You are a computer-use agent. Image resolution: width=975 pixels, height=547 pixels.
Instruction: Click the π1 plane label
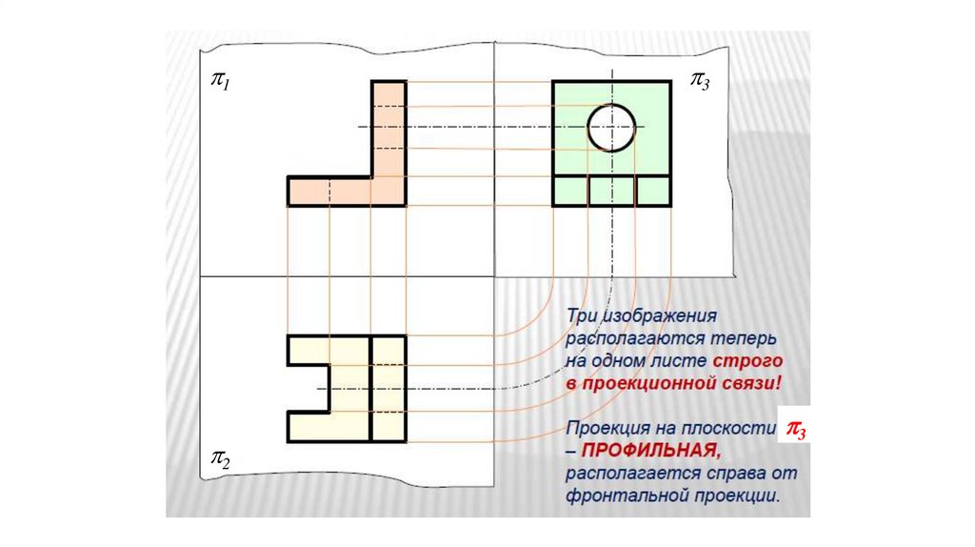[x=221, y=84]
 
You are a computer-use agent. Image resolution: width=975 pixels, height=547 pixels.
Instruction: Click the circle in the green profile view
[x=611, y=128]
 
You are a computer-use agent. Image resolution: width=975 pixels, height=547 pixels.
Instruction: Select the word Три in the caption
[x=583, y=315]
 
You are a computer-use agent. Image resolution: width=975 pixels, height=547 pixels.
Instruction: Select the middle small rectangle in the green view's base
[x=611, y=191]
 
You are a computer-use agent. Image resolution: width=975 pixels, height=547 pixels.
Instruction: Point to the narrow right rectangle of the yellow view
[x=388, y=388]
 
